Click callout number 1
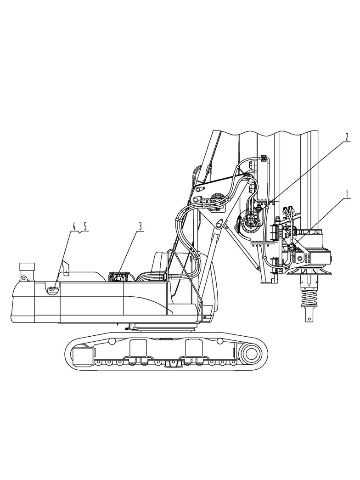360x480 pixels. pos(347,194)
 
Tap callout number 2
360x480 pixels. pos(347,137)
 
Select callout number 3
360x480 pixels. pos(140,226)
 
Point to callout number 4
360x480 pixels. pos(74,226)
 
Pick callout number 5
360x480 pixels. pos(85,226)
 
